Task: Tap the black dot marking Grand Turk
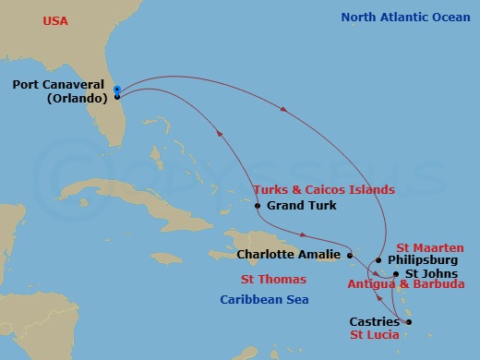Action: click(x=258, y=206)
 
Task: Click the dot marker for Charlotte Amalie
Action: click(x=350, y=254)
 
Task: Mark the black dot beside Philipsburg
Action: click(x=378, y=260)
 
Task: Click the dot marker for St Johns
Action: click(x=396, y=274)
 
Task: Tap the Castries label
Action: click(x=375, y=321)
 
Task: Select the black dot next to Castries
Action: click(x=408, y=321)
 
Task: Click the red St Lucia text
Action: click(x=375, y=334)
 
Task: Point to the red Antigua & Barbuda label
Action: click(x=405, y=285)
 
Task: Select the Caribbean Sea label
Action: click(x=264, y=300)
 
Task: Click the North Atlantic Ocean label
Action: click(x=405, y=17)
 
